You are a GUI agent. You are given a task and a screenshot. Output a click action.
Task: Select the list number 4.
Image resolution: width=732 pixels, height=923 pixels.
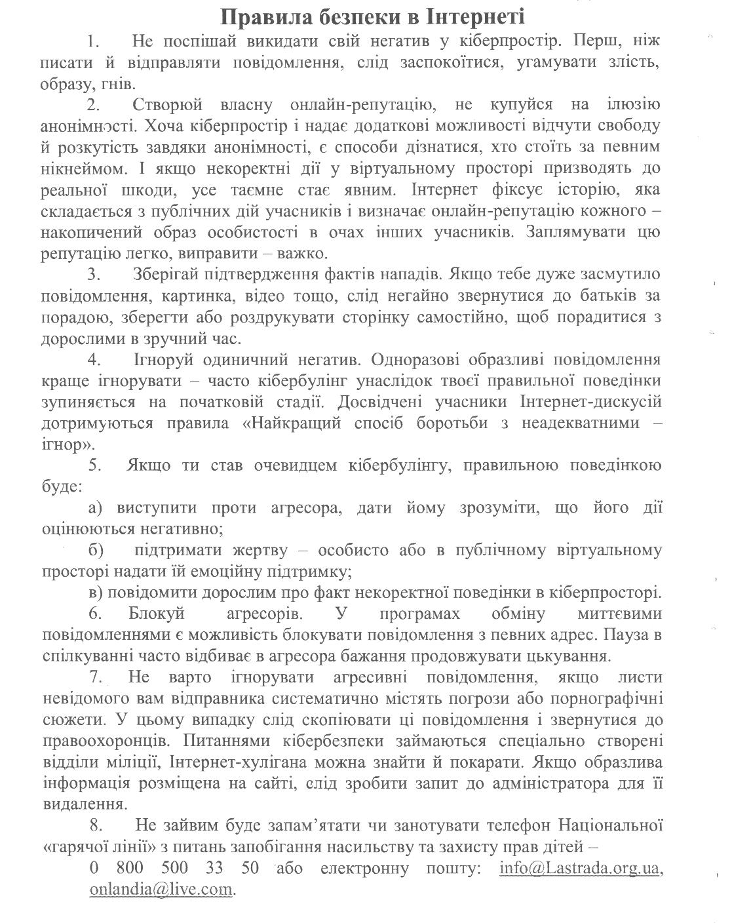tap(94, 360)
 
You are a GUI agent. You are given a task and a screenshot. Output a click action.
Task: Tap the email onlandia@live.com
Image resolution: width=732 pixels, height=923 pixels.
tap(161, 889)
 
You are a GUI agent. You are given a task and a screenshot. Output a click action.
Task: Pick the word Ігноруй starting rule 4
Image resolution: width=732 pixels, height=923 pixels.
tap(163, 360)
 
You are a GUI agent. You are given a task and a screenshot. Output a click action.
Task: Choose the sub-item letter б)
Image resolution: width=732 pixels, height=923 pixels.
tap(96, 551)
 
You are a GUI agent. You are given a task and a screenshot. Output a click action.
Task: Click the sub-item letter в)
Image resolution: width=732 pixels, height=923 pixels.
tap(96, 593)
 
